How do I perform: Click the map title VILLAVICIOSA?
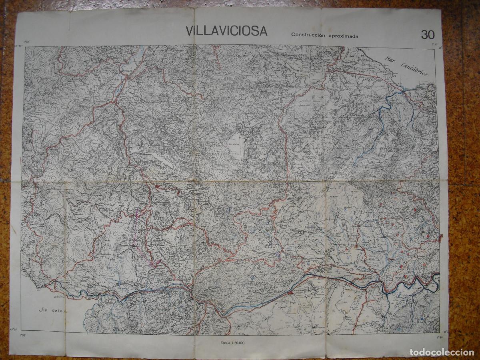pos(226,31)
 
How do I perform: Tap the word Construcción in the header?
pos(307,35)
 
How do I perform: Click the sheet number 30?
pos(427,35)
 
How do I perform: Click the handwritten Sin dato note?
pos(52,310)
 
